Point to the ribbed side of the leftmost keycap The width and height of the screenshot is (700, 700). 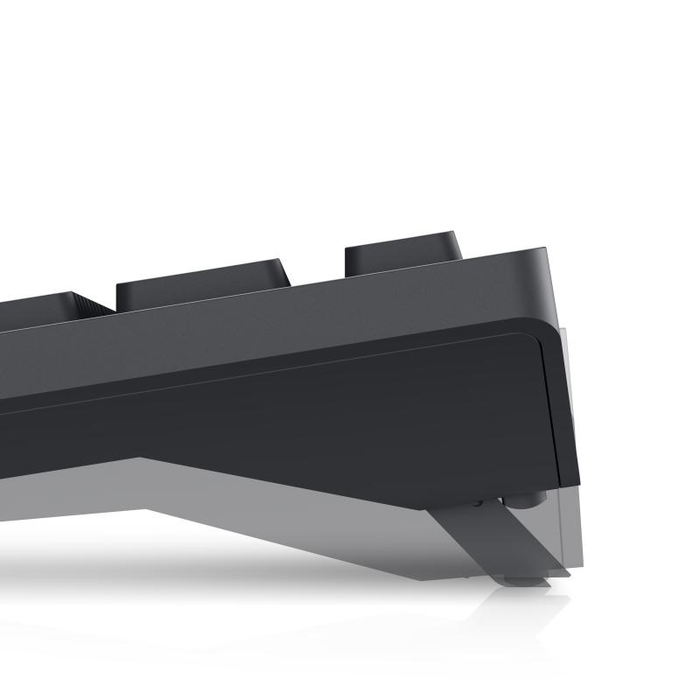pos(89,305)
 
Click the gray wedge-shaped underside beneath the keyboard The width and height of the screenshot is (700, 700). pos(262,516)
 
